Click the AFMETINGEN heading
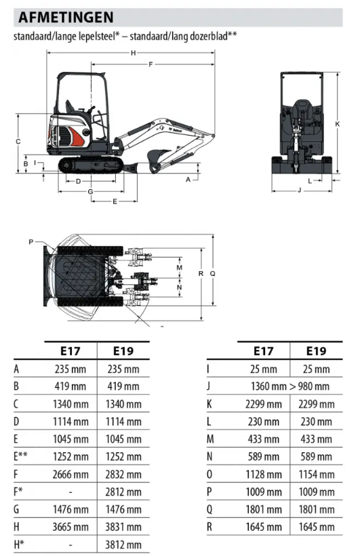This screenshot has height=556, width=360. [x=66, y=17]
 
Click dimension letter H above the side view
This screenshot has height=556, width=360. [x=134, y=53]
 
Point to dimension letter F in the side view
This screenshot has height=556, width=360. [x=151, y=64]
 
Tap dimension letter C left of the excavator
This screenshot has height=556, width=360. [x=18, y=142]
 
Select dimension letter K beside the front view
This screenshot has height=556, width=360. [x=338, y=124]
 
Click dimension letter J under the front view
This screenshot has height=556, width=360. [x=300, y=190]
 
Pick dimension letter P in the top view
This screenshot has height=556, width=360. [x=31, y=242]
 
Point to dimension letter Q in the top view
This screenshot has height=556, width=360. [x=213, y=274]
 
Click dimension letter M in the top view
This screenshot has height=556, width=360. [x=180, y=268]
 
